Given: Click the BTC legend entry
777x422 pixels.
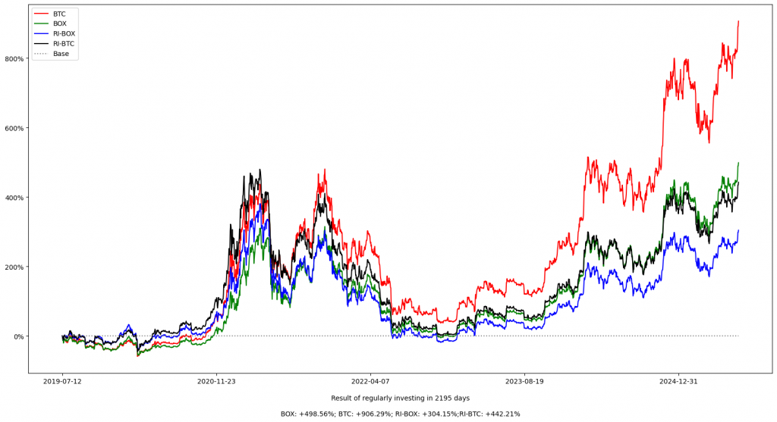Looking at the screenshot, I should click(x=58, y=14).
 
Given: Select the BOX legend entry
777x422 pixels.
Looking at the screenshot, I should click(x=59, y=23).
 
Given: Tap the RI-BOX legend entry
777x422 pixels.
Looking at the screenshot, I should click(x=64, y=33).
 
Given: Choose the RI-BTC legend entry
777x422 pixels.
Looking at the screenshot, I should click(x=64, y=44).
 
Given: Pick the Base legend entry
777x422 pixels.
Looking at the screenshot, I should click(x=60, y=54).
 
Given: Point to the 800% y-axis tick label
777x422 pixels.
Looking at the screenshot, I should click(x=14, y=58).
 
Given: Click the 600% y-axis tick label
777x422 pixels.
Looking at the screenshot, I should click(x=14, y=128).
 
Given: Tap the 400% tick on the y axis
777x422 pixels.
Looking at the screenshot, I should click(x=14, y=197).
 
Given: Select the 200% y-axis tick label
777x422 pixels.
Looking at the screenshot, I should click(x=14, y=267).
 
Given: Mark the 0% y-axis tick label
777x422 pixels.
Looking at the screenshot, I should click(x=18, y=336).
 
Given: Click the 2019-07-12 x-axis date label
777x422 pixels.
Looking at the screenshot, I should click(x=63, y=381).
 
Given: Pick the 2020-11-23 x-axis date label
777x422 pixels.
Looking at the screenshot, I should click(x=217, y=381).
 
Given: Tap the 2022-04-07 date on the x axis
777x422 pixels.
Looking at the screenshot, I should click(x=370, y=381).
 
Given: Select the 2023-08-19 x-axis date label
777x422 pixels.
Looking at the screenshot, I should click(x=524, y=381).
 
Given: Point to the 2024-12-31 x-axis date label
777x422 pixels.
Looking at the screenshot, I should click(x=678, y=381).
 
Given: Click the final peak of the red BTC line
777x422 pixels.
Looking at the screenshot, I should click(x=738, y=21).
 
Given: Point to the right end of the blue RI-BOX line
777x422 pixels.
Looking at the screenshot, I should click(x=738, y=230).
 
